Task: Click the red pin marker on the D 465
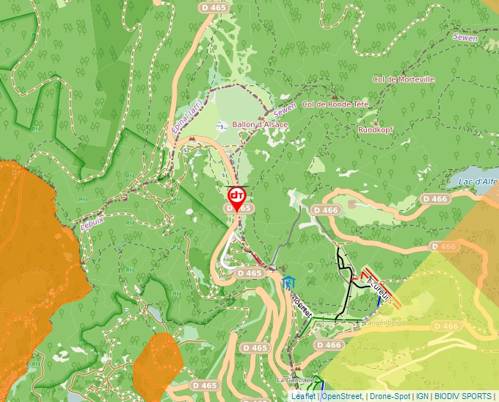click(x=236, y=195)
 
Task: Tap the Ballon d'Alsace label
click(x=260, y=125)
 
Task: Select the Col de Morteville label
click(x=404, y=79)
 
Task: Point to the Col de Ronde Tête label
click(x=335, y=105)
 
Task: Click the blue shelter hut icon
click(x=289, y=282)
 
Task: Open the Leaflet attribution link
click(x=303, y=396)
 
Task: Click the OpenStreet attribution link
click(x=342, y=396)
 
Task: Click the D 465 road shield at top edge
click(x=214, y=7)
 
